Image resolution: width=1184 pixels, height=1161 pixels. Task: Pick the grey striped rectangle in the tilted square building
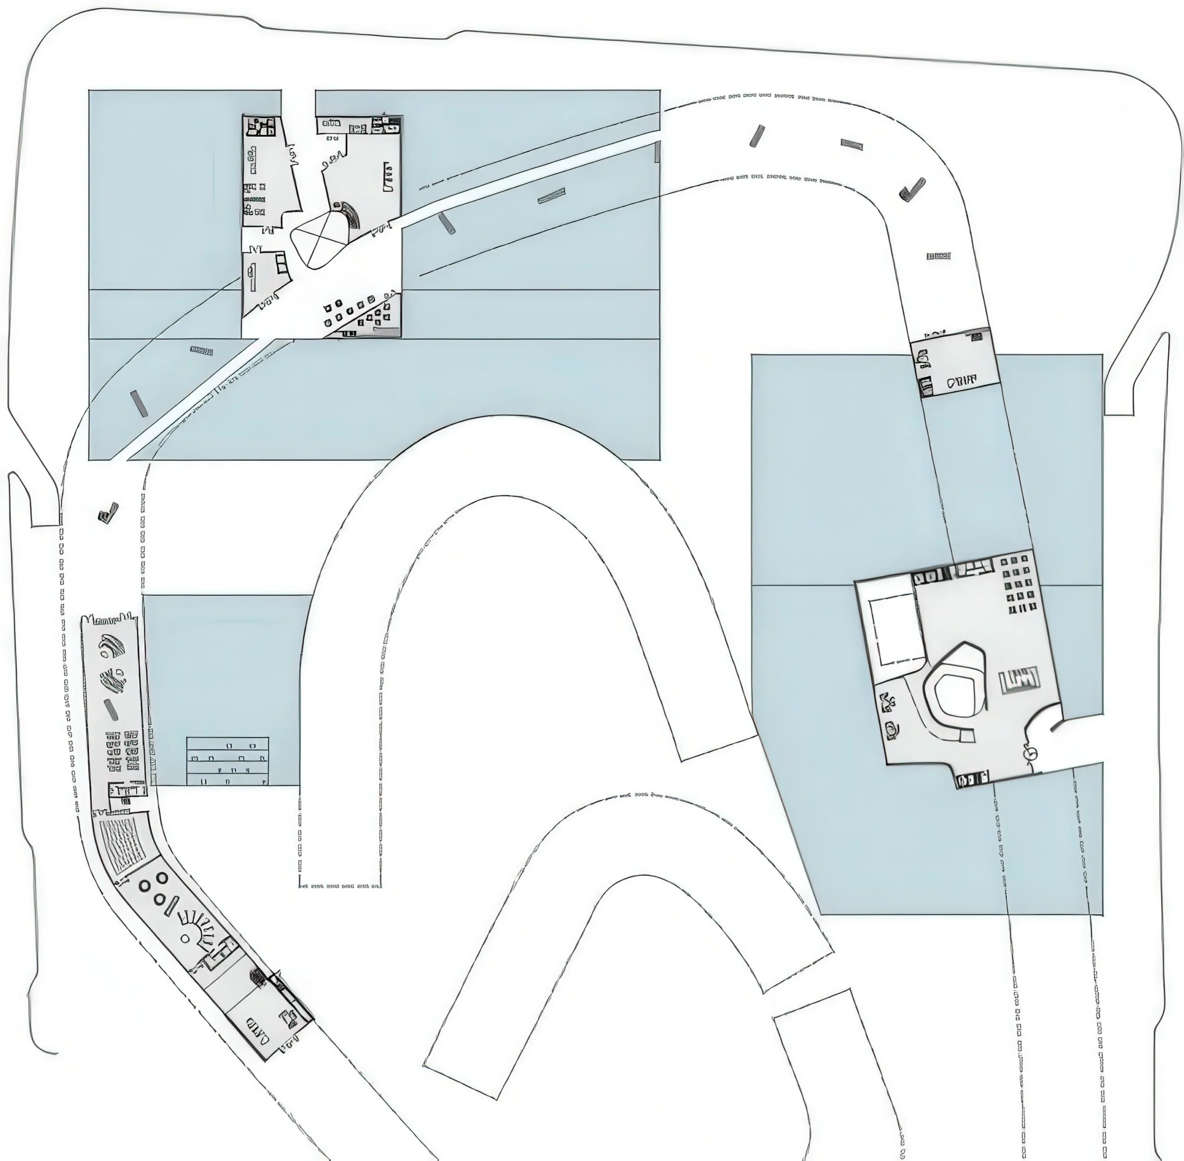coord(1019,680)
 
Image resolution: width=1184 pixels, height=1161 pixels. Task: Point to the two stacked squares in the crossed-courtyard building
coord(281,264)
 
